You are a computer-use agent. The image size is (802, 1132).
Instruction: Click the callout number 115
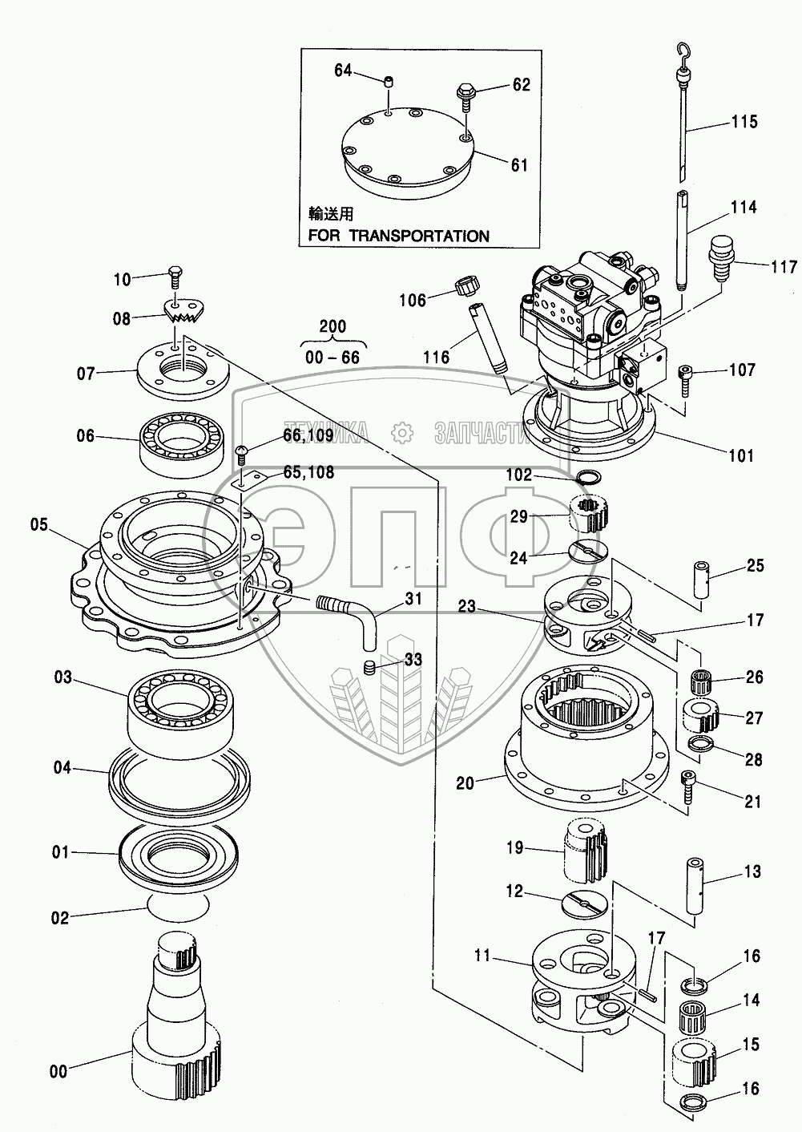(744, 122)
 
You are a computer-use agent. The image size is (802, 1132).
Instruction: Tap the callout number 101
(740, 455)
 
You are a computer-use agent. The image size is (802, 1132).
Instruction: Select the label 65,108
(308, 472)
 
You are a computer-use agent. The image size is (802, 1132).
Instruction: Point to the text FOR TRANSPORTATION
(399, 236)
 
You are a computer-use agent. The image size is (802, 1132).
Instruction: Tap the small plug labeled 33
(369, 666)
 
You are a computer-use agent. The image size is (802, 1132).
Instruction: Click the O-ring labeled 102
(591, 479)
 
